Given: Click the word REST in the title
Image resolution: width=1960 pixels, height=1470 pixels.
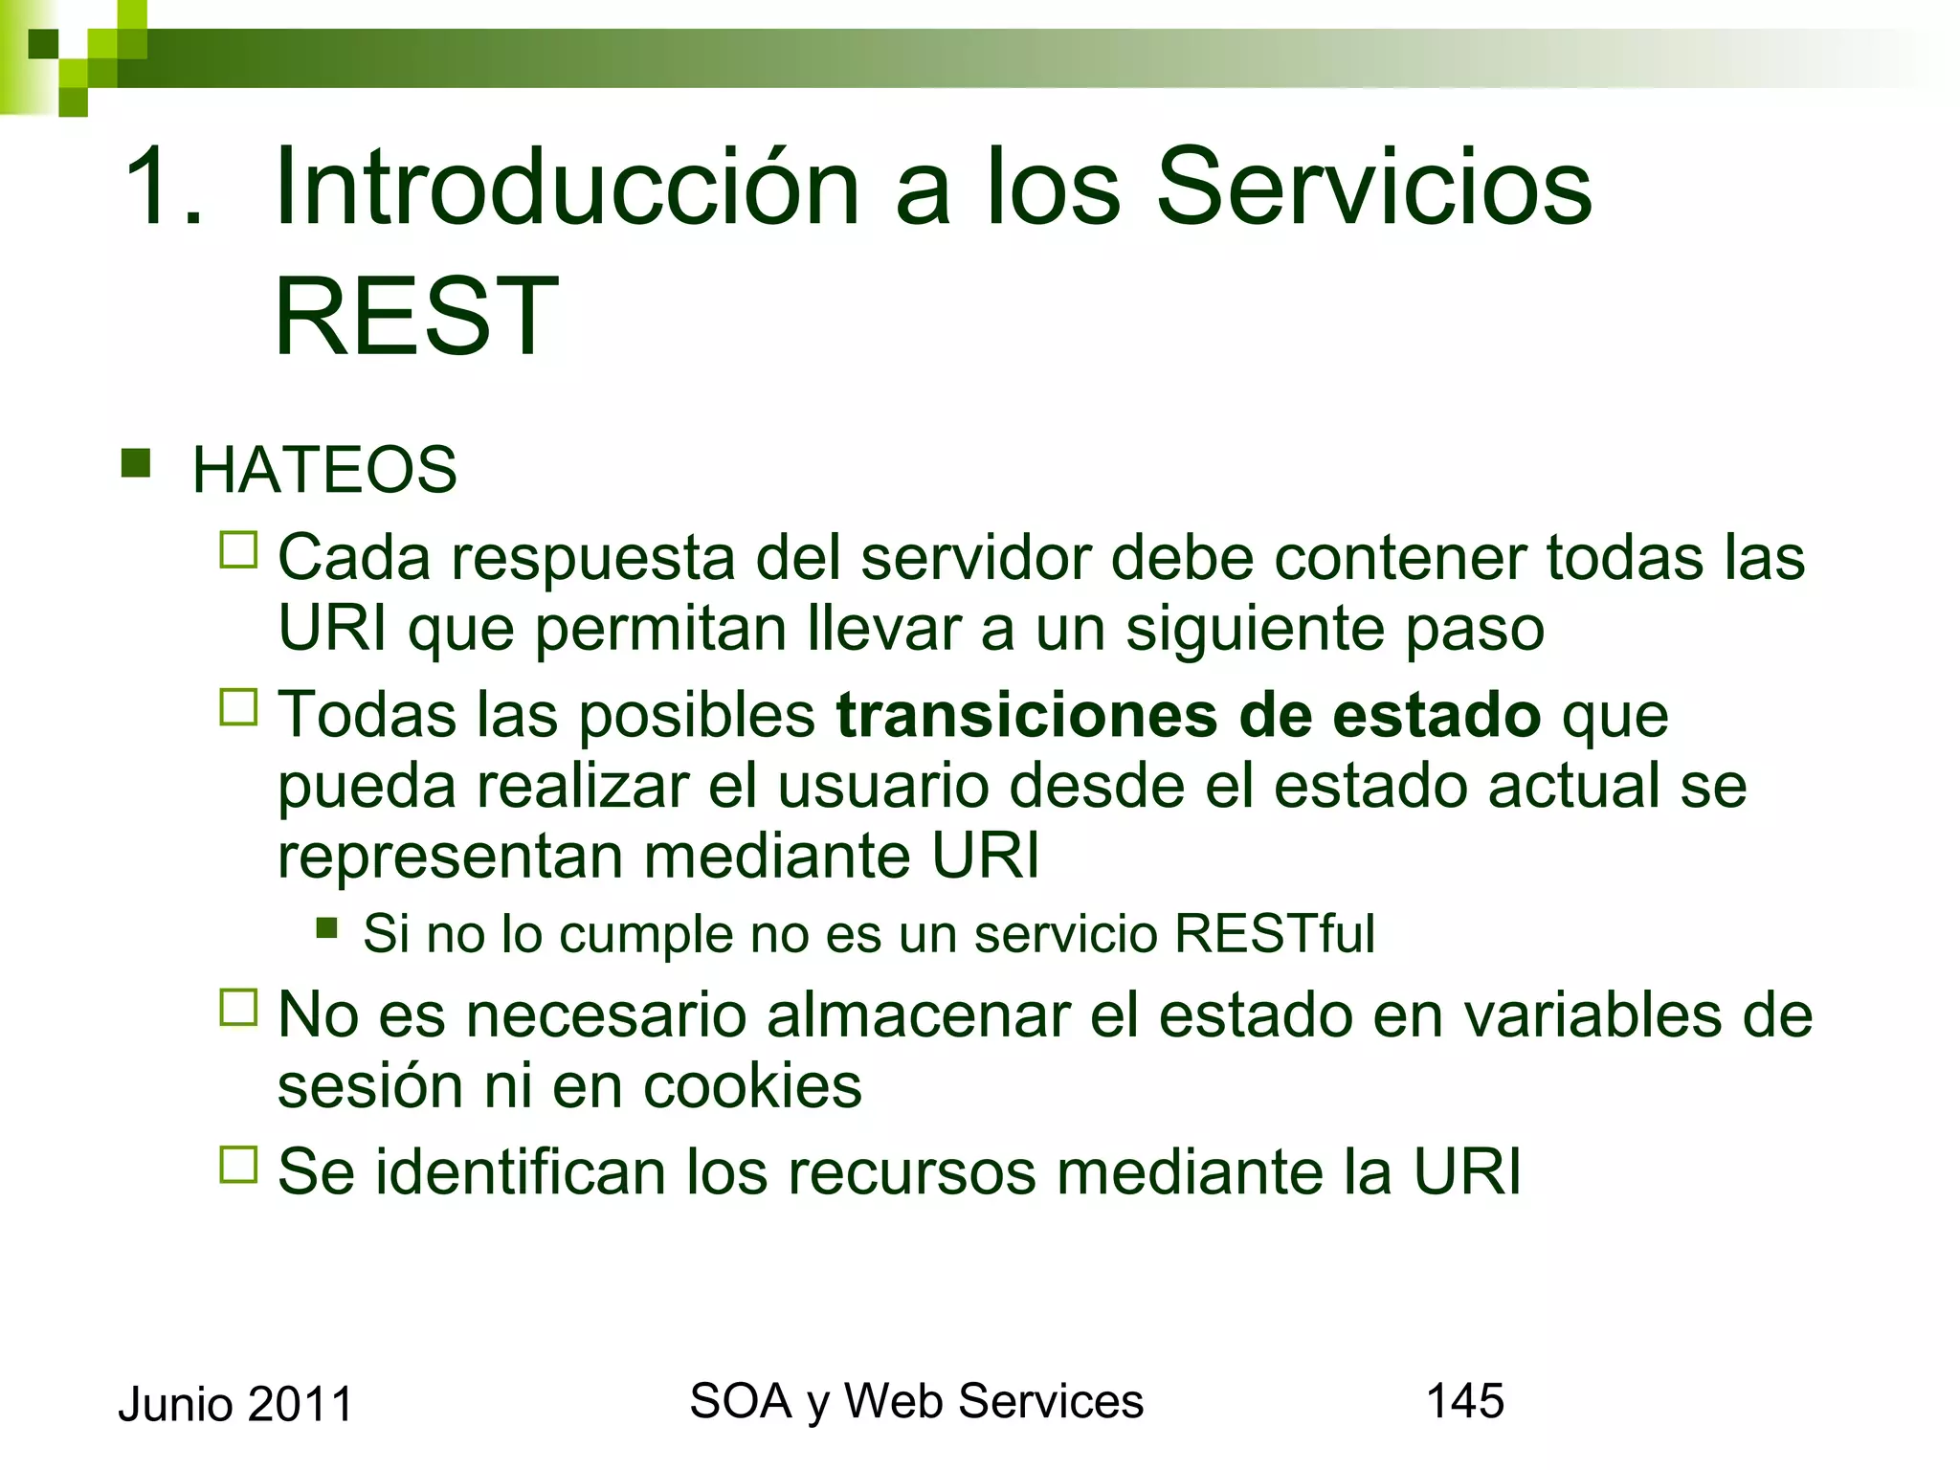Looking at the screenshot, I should (x=415, y=316).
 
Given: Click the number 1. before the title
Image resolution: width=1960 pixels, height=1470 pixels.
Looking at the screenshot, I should (x=163, y=187).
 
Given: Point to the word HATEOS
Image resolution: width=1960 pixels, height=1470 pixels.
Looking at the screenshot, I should (x=324, y=470).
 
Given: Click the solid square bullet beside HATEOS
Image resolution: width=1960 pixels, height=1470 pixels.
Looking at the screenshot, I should (x=136, y=463).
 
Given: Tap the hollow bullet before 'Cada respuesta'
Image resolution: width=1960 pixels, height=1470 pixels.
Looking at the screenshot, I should (x=238, y=550).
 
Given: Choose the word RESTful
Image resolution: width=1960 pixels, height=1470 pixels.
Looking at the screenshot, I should (x=1274, y=933).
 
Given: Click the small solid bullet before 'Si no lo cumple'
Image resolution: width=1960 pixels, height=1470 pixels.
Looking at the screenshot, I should (x=327, y=927).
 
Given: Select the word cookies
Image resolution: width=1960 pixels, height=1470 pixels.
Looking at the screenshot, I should (x=752, y=1086).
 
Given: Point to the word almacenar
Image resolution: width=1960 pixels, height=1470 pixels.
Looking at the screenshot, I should (x=918, y=1015).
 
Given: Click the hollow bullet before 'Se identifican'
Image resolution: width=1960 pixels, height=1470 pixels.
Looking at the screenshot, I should (x=238, y=1165).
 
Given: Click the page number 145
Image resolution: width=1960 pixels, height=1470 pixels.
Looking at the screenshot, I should (x=1464, y=1401).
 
